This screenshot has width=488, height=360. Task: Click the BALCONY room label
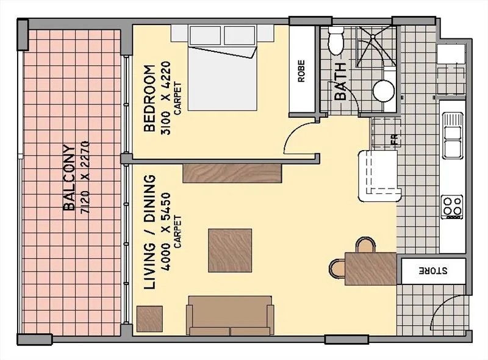click(70, 177)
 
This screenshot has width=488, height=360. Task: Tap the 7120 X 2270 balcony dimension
click(85, 177)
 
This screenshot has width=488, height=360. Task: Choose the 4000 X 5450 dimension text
click(166, 232)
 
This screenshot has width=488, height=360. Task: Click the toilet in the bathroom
click(336, 41)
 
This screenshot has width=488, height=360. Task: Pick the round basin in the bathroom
click(384, 90)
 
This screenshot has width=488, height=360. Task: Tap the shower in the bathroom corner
click(373, 46)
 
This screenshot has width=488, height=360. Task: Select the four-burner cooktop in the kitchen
click(452, 206)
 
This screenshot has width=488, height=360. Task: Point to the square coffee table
click(230, 250)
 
